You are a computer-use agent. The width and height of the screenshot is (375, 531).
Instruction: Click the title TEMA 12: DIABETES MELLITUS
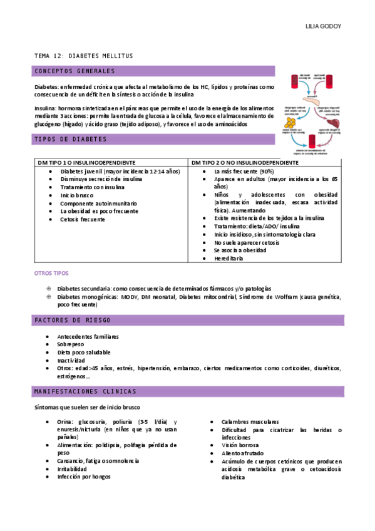pyautogui.click(x=83, y=56)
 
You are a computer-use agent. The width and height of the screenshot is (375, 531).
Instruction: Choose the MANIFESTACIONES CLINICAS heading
pyautogui.click(x=85, y=391)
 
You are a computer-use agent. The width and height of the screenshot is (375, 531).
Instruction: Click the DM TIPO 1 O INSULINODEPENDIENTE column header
pyautogui.click(x=86, y=162)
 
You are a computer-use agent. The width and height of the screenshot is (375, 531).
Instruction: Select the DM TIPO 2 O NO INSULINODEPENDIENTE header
pyautogui.click(x=245, y=162)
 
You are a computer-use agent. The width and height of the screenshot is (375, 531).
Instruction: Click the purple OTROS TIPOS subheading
pyautogui.click(x=51, y=274)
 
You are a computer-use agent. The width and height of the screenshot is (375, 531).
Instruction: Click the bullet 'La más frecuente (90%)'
pyautogui.click(x=244, y=171)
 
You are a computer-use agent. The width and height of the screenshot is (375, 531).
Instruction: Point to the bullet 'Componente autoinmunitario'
pyautogui.click(x=98, y=204)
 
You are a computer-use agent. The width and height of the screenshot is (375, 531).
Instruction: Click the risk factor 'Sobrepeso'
pyautogui.click(x=71, y=344)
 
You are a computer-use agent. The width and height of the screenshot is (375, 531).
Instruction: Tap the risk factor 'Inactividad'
pyautogui.click(x=71, y=361)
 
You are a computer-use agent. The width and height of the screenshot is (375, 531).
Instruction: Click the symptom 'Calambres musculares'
pyautogui.click(x=250, y=422)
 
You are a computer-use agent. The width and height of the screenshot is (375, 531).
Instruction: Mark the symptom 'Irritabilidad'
pyautogui.click(x=72, y=468)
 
